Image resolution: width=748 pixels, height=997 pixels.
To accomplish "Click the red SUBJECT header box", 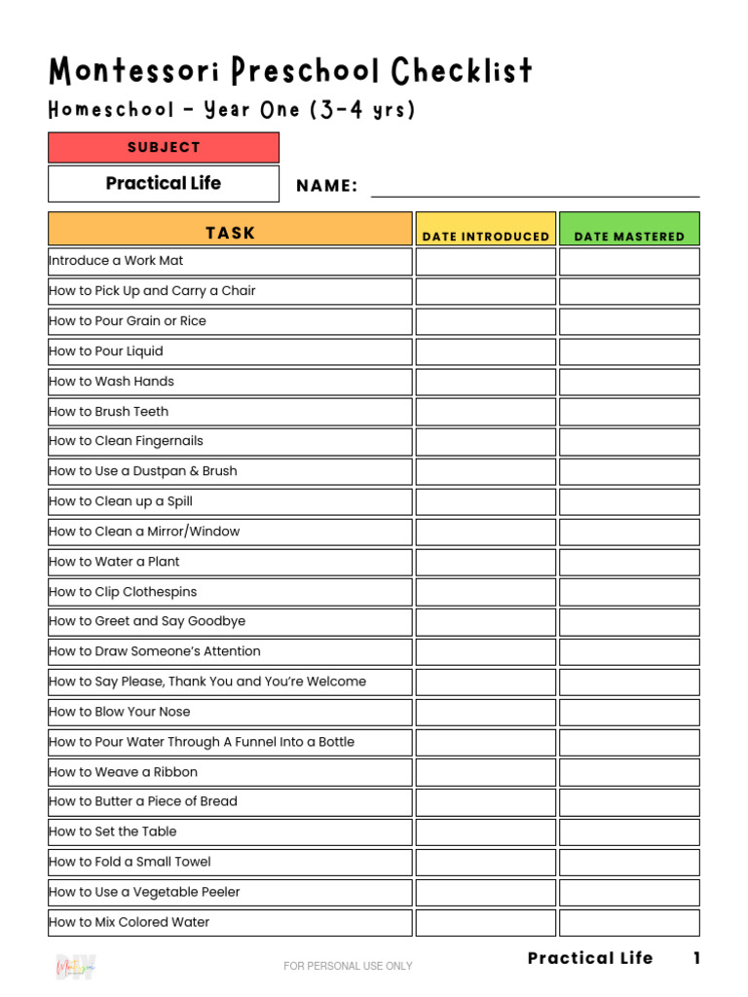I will pos(164,147).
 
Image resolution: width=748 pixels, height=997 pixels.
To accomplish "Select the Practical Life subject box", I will pos(164,183).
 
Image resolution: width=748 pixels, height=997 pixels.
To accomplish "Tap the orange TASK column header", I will pos(230,233).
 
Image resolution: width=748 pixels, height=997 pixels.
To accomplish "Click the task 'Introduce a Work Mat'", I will pos(116,261).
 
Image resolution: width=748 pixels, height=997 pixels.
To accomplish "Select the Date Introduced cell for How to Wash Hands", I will pos(486,382).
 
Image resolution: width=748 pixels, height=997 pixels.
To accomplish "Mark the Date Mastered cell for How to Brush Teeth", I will pos(629,412).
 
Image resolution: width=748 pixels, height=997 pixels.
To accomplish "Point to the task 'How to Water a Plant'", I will pos(114,562).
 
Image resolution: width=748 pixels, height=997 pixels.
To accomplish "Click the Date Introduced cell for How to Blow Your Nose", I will pos(486,712).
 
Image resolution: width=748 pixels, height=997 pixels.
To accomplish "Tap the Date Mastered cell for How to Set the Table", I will pos(629,832).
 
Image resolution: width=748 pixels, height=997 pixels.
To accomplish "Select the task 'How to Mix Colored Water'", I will pos(130,922).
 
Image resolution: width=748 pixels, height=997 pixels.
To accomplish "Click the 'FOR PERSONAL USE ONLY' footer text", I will pos(348,966).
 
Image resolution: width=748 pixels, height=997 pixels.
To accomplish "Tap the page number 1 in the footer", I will pos(696,958).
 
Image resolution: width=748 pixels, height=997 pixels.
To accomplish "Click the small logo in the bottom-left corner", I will pos(75,967).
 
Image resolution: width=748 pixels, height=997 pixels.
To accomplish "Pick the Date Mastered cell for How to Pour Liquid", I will pos(629,351).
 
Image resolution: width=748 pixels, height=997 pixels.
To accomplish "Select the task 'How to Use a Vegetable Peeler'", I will pos(144,892).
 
